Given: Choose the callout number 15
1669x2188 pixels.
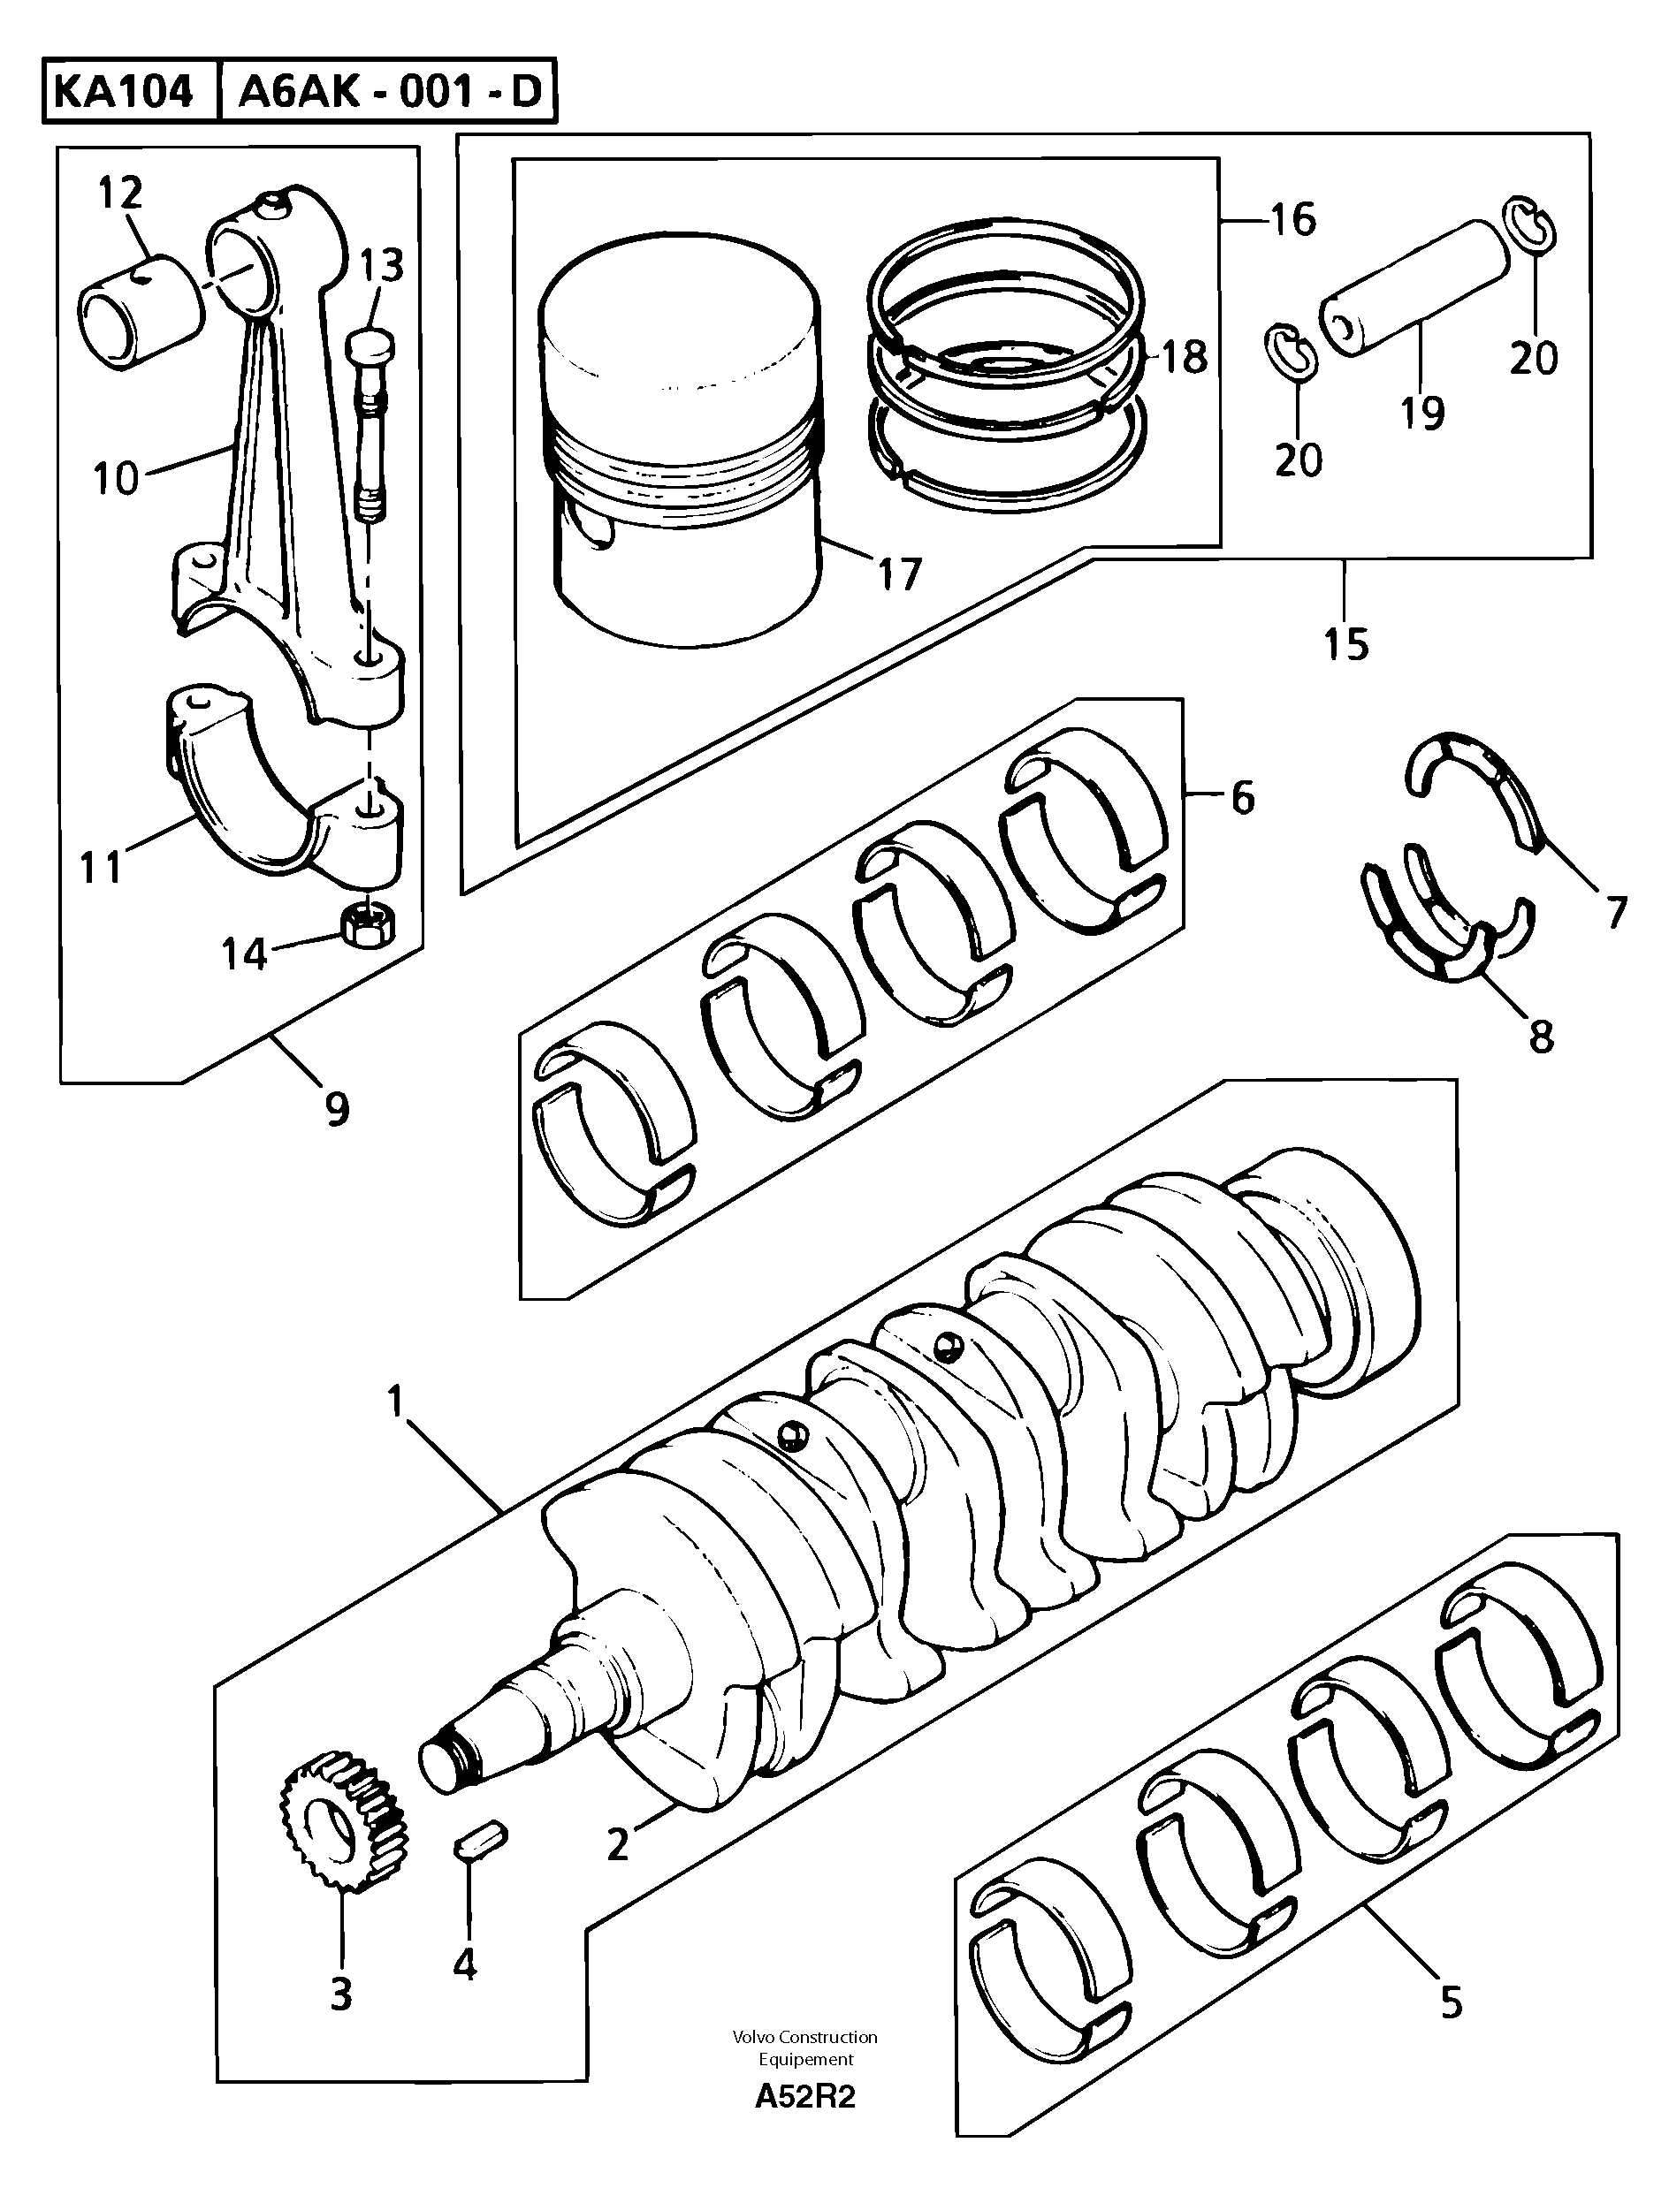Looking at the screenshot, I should (1346, 644).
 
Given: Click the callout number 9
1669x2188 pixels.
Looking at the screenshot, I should (338, 1108).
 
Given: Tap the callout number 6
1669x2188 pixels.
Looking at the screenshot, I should (1242, 798).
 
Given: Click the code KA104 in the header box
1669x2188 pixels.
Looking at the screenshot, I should (123, 93).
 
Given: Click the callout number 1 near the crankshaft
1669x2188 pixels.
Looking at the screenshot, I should (395, 1402).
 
